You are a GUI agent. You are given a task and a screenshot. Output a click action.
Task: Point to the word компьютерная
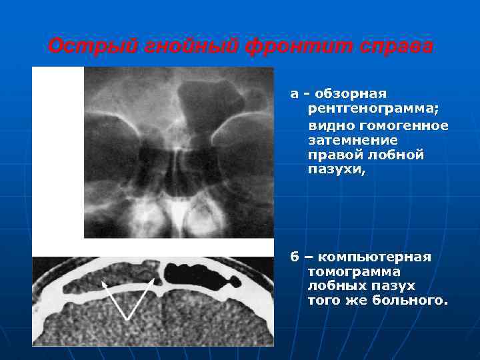375,257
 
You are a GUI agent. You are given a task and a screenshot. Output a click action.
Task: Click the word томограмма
354,272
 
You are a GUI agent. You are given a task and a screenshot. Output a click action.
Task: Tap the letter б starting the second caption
293,257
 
